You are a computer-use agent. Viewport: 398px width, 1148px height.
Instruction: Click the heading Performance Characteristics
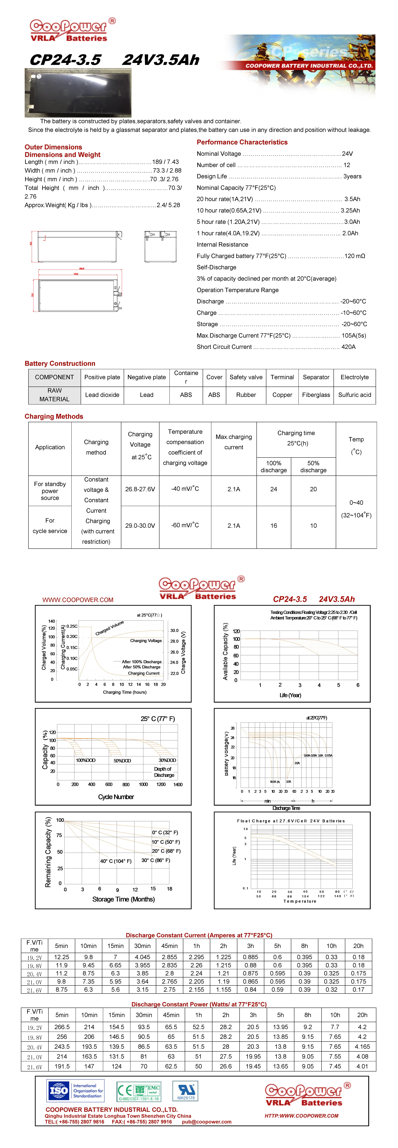point(242,142)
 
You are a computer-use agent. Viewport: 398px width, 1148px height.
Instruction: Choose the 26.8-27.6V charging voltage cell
point(140,489)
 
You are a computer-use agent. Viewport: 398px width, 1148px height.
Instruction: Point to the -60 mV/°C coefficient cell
point(185,525)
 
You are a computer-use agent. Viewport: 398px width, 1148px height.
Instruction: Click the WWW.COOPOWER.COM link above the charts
point(78,600)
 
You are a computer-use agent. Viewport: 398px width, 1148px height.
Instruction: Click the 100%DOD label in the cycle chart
point(86,760)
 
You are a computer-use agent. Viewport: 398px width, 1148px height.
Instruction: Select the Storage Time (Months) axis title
point(123,899)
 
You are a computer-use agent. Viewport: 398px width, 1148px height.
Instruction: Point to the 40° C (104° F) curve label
point(115,861)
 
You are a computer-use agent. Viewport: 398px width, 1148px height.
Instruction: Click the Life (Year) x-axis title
point(290,695)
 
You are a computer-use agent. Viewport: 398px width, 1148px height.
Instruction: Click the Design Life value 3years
point(352,176)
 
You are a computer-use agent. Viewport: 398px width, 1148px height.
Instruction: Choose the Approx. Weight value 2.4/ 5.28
point(168,205)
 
